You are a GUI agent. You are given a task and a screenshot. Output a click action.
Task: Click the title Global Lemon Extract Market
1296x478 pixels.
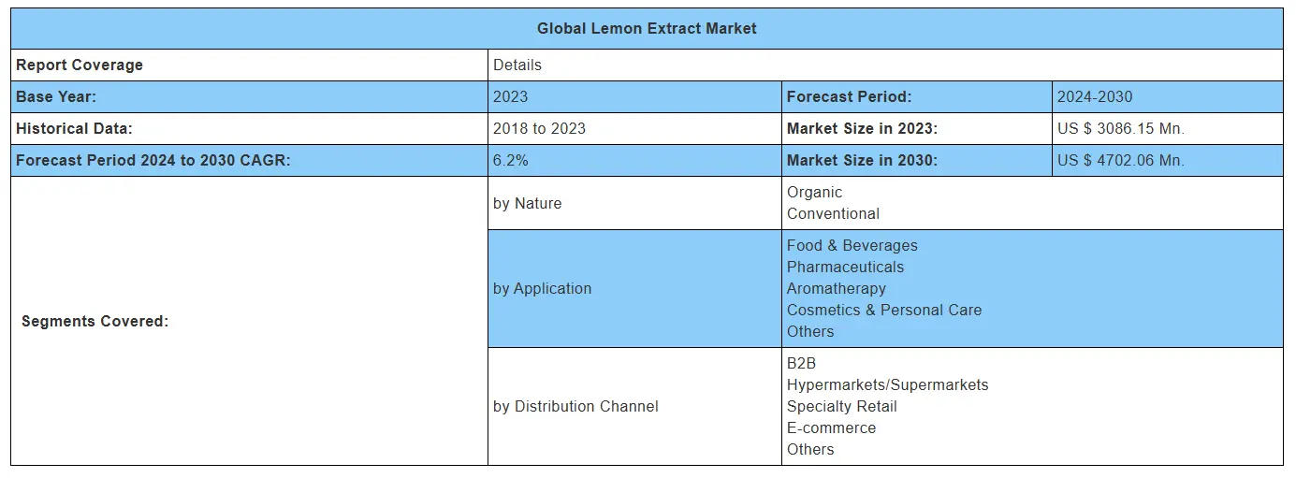click(647, 28)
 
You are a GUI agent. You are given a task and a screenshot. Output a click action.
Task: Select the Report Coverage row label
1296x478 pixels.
click(80, 65)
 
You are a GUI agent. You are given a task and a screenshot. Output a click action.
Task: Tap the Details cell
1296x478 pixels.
click(517, 65)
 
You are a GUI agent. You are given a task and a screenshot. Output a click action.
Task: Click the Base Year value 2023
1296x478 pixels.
click(511, 96)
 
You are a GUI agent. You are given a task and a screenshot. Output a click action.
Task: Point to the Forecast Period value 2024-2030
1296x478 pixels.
click(1095, 96)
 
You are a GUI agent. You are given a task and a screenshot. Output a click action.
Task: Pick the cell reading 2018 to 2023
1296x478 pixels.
click(539, 128)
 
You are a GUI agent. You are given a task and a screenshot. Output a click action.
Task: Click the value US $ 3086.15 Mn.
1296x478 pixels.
click(1120, 128)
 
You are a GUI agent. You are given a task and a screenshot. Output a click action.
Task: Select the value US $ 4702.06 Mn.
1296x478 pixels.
click(1120, 160)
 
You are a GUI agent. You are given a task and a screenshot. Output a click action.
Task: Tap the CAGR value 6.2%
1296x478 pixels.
click(511, 160)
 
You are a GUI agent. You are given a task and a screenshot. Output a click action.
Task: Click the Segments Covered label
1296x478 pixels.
click(95, 321)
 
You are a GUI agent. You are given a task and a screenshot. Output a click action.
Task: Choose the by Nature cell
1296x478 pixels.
click(528, 203)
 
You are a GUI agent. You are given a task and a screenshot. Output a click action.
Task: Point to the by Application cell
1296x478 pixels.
click(543, 288)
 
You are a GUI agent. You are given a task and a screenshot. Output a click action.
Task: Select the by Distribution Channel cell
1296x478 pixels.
click(575, 406)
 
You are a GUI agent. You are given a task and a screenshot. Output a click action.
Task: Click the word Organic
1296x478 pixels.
click(814, 192)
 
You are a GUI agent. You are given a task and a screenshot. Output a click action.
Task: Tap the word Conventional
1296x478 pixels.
click(833, 213)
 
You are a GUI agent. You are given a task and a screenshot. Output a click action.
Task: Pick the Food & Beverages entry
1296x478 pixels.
click(852, 245)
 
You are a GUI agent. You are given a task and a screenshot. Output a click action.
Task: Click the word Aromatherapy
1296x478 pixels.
click(836, 288)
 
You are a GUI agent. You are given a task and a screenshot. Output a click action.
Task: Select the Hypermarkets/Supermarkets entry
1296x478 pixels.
click(887, 384)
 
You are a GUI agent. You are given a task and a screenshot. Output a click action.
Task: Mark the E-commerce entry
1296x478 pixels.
click(831, 427)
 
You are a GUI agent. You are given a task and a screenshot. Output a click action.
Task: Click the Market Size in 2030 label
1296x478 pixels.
click(861, 160)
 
